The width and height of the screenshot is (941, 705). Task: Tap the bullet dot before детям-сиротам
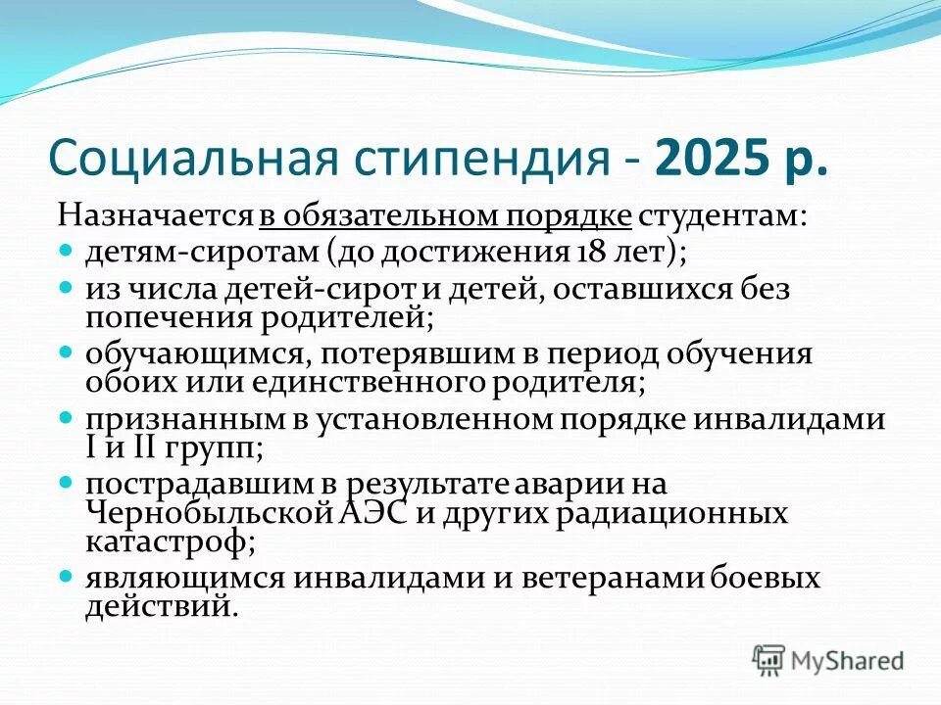coord(67,252)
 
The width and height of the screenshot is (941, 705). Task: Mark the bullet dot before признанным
coord(67,419)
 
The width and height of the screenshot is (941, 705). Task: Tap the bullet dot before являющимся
coord(67,578)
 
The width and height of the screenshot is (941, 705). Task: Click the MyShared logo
coord(827,660)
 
